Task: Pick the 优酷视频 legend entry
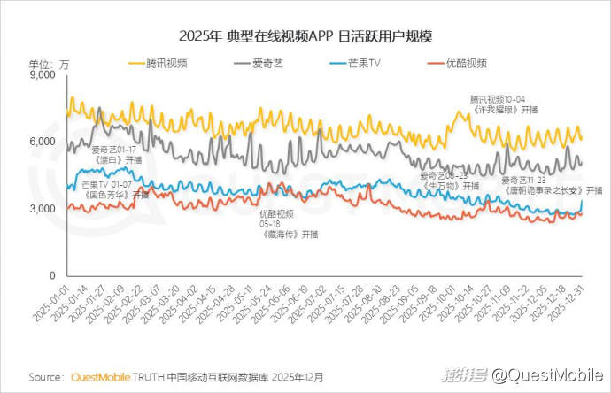467,64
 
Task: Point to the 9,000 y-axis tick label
41,76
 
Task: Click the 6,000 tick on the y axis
41,143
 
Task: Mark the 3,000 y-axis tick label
41,209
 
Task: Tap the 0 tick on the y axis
52,275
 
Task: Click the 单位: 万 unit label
49,64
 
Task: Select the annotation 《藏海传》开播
289,235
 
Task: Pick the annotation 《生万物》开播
449,186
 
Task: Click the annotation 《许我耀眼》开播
503,110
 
